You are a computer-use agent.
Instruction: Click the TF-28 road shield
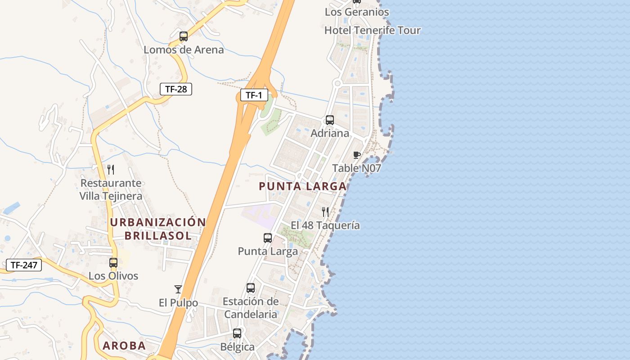point(176,89)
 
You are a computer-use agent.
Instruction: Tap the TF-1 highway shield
point(254,95)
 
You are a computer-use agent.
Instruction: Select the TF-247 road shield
point(24,265)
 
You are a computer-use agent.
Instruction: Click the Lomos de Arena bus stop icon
point(184,36)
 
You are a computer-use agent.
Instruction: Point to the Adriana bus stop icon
point(330,120)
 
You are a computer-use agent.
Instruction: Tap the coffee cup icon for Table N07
point(357,155)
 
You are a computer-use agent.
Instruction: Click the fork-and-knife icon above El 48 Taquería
point(325,211)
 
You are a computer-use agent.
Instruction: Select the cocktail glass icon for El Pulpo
point(178,289)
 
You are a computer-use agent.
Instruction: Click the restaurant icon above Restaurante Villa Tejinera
point(111,170)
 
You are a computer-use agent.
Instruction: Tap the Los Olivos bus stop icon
point(113,262)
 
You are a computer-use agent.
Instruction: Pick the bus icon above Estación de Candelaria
point(251,288)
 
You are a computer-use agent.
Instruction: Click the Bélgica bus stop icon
point(237,333)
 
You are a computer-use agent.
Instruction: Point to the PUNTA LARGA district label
point(303,186)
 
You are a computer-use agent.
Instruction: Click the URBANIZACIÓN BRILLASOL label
point(158,229)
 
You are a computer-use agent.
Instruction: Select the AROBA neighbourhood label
point(124,346)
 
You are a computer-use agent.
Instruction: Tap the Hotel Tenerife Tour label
point(373,30)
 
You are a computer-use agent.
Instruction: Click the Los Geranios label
point(357,12)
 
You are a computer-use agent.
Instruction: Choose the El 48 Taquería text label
point(325,225)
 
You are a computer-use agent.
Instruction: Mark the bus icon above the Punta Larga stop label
point(268,238)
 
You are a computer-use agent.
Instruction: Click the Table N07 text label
point(356,168)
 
